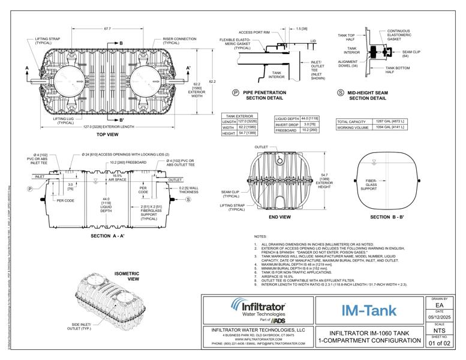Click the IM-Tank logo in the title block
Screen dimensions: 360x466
tap(369, 311)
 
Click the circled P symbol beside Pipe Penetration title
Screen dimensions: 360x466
tap(236, 93)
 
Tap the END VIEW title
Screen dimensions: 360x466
tap(279, 217)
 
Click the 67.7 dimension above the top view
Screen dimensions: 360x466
tap(107, 28)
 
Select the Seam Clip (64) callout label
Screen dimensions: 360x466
tap(411, 55)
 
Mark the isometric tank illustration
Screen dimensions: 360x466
tap(104, 296)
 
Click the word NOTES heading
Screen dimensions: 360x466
tap(260, 237)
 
